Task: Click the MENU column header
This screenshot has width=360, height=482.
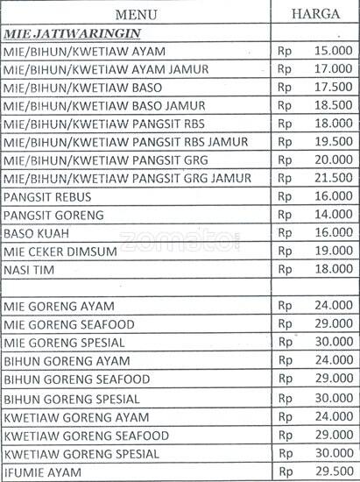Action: click(138, 14)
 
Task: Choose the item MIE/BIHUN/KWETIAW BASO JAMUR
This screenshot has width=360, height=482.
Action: click(98, 105)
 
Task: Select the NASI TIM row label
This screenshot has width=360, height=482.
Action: click(30, 269)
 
